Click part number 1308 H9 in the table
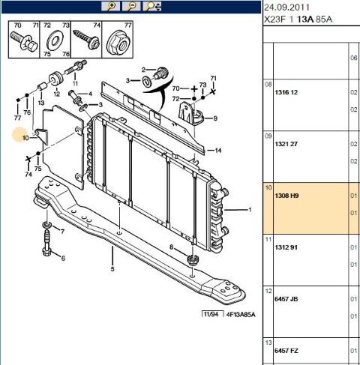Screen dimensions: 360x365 pyautogui.click(x=286, y=196)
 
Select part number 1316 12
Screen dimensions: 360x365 pyautogui.click(x=286, y=92)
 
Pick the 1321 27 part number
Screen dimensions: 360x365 pyautogui.click(x=286, y=144)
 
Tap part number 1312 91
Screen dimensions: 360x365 pyautogui.click(x=286, y=247)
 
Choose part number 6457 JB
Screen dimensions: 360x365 pyautogui.click(x=286, y=299)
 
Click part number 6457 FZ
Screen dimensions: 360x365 pyautogui.click(x=286, y=351)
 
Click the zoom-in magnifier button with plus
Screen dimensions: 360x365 pyautogui.click(x=110, y=7)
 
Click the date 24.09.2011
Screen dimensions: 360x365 pyautogui.click(x=286, y=7)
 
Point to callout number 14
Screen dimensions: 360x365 pyautogui.click(x=218, y=151)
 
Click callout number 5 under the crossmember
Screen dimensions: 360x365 pyautogui.click(x=112, y=269)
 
